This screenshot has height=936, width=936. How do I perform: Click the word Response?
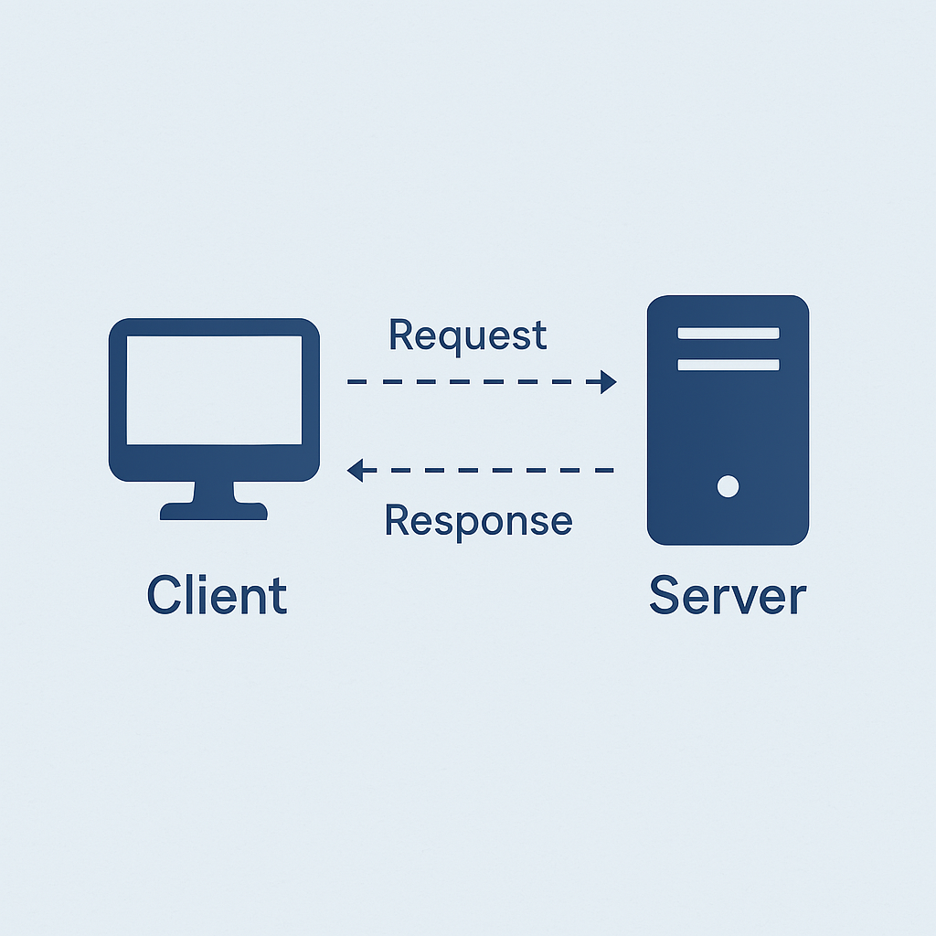click(x=479, y=521)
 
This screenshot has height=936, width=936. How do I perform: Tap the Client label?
click(x=218, y=594)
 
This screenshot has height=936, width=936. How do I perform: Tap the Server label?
click(x=728, y=594)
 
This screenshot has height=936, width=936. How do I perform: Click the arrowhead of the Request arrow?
click(x=607, y=382)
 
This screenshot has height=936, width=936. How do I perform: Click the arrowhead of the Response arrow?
click(x=356, y=471)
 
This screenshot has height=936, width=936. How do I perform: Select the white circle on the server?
click(x=728, y=486)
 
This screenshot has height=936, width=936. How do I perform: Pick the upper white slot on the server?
click(x=729, y=333)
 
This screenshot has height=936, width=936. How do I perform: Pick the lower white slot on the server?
click(x=729, y=365)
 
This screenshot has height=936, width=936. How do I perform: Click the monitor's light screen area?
click(x=214, y=390)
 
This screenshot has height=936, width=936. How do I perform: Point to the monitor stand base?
click(x=214, y=512)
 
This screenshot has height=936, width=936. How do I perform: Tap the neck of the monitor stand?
click(x=214, y=491)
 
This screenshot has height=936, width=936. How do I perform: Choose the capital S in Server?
click(x=665, y=594)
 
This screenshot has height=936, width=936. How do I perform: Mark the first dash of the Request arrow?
click(x=357, y=382)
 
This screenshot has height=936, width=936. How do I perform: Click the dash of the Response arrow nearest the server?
click(x=604, y=471)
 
